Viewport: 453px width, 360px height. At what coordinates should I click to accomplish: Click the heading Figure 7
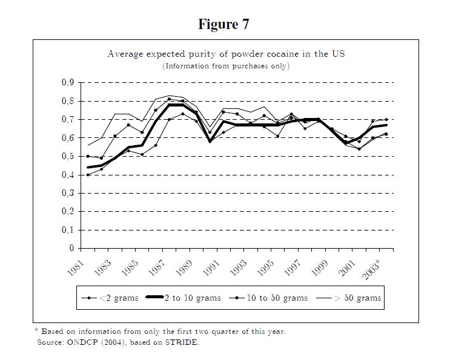coord(223,24)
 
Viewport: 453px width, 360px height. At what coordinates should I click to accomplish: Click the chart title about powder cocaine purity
coord(226,54)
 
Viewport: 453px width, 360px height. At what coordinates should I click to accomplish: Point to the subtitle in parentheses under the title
coord(226,65)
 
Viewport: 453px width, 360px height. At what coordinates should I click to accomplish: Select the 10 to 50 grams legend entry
coord(278,298)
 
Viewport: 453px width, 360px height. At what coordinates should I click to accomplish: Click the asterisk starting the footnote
coord(36,330)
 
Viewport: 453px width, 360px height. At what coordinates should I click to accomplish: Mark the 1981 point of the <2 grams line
coord(88,175)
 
